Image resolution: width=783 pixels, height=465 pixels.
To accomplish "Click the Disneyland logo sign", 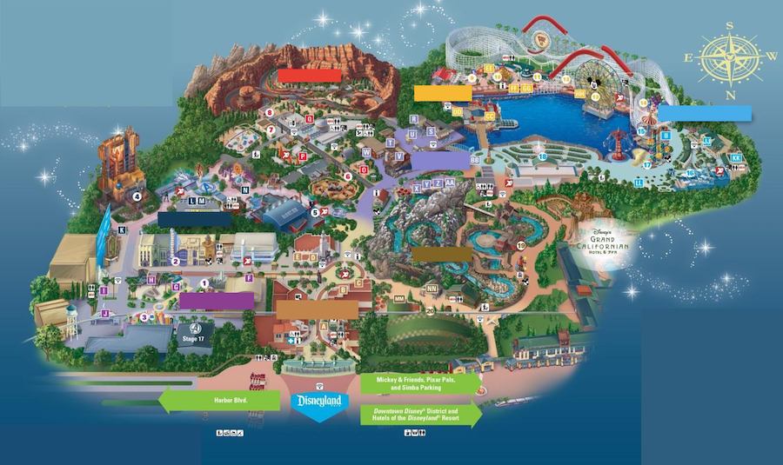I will click(x=320, y=403).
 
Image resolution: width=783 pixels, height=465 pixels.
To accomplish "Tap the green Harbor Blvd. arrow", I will click(x=218, y=401).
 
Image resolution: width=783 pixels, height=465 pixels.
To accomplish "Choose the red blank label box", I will click(x=309, y=76).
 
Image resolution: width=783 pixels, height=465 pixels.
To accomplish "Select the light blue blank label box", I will click(x=705, y=113).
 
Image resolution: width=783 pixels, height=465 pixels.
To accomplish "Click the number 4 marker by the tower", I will click(x=137, y=196).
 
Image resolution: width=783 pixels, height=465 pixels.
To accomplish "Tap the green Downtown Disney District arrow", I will click(x=420, y=415).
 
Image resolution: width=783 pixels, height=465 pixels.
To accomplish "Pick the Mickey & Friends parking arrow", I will click(x=420, y=383).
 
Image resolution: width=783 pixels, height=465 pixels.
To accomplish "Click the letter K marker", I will click(x=123, y=230).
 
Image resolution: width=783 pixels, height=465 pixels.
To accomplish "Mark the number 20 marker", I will click(x=430, y=310).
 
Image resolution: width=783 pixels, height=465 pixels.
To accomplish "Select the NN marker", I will click(x=432, y=289).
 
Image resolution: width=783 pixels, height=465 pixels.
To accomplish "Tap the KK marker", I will click(x=736, y=158).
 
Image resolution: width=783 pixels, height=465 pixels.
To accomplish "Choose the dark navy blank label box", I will click(x=194, y=220).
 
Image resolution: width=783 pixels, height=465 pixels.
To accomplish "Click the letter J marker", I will click(x=104, y=313).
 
